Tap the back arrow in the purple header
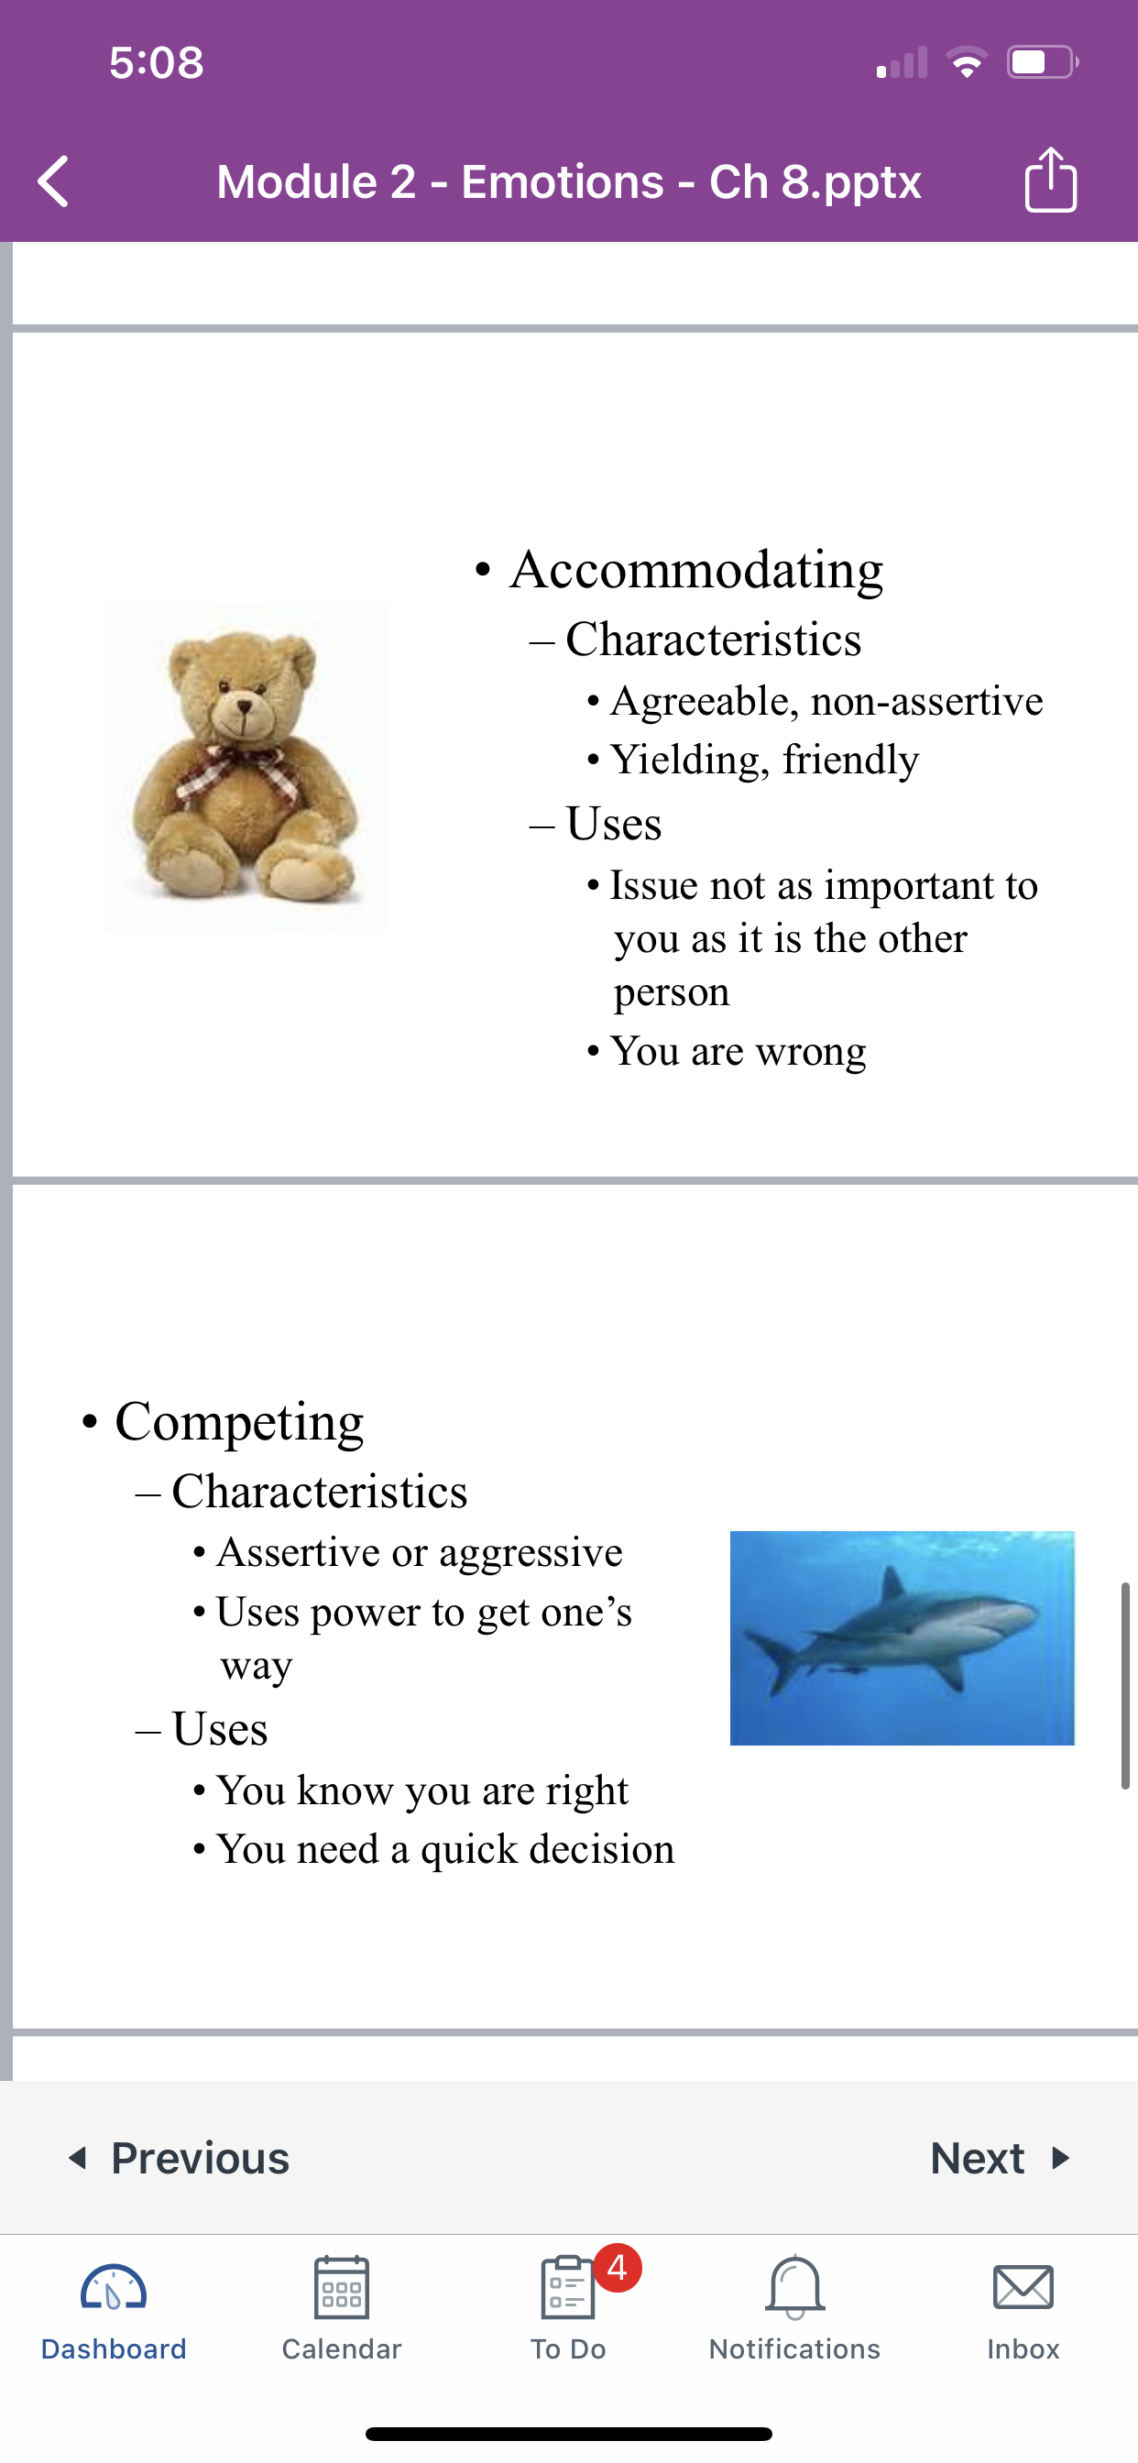click(53, 181)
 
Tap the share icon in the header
click(1051, 179)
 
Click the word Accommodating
click(696, 571)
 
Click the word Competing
click(239, 1423)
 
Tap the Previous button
click(179, 2158)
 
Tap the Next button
click(1001, 2158)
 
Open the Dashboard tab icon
click(114, 2289)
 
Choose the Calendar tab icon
click(342, 2287)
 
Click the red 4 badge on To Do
click(618, 2267)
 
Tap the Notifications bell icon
click(794, 2288)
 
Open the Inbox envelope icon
click(1023, 2287)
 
